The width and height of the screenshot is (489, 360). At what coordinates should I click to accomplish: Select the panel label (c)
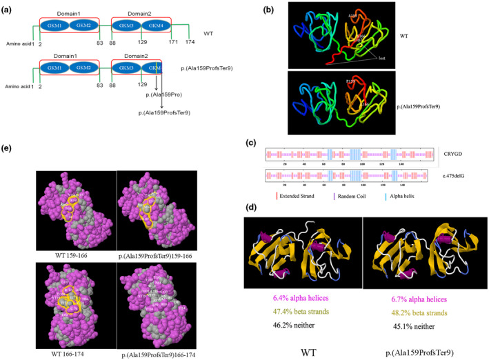pyautogui.click(x=252, y=143)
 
